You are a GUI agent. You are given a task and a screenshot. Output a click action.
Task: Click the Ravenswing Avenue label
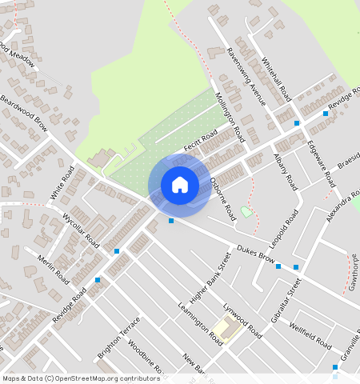(245, 76)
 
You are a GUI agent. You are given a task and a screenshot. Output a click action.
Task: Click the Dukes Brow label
(256, 254)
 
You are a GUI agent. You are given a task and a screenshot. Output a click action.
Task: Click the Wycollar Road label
(80, 230)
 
